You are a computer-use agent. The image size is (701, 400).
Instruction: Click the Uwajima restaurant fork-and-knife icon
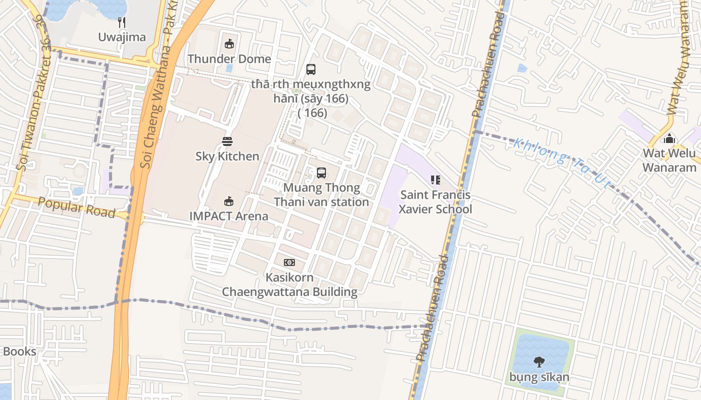pos(121,22)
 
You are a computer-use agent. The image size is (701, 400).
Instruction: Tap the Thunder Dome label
pos(229,59)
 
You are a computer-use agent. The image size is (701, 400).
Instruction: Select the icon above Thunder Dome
pos(229,44)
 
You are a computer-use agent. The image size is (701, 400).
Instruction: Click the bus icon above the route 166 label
pos(311,69)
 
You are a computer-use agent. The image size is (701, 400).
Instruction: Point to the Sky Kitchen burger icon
pos(227,141)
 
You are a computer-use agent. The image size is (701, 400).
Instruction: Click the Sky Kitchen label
pos(227,156)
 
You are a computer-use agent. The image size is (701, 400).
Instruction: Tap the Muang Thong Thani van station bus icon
pos(321,173)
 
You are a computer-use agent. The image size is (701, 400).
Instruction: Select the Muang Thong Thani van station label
pos(321,195)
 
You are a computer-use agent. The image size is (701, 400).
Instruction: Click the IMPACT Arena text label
pos(229,216)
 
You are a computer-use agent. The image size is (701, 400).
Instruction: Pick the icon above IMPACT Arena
pos(229,201)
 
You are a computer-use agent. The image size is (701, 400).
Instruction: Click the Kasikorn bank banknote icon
pos(289,262)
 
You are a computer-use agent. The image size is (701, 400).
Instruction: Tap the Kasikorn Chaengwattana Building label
pos(289,284)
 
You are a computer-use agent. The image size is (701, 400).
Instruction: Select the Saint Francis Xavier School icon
pos(435,180)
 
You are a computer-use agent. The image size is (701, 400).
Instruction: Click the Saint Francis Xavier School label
pos(435,202)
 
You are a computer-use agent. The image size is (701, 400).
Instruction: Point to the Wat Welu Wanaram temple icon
pos(669,138)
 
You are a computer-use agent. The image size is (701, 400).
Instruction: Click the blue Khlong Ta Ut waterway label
pos(562,163)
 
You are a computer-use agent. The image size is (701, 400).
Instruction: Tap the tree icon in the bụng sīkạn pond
pos(539,362)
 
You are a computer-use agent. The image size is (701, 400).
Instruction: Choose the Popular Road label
pos(76,207)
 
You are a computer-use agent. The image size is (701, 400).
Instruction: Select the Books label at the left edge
pos(19,351)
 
